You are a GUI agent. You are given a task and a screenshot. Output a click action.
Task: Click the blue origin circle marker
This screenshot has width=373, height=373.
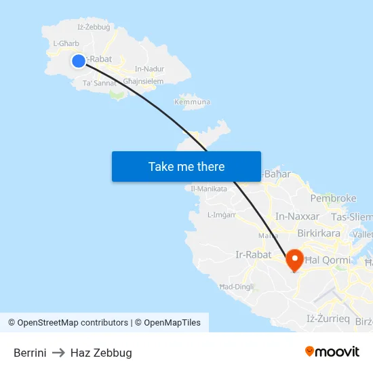(x=79, y=61)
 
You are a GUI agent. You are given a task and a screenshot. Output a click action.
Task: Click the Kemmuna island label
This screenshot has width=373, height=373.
(x=192, y=102)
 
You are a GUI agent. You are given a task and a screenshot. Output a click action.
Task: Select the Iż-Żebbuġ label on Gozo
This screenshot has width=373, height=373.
(x=94, y=27)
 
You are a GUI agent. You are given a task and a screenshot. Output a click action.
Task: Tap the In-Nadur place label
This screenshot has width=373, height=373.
(x=149, y=68)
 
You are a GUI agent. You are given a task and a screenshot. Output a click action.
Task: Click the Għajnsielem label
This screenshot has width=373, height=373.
(x=143, y=81)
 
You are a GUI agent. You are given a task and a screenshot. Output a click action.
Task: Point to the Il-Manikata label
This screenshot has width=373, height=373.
(x=209, y=189)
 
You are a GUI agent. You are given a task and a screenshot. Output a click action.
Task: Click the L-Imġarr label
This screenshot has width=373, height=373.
(x=221, y=215)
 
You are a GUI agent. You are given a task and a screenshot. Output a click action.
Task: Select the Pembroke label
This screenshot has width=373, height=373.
(x=333, y=199)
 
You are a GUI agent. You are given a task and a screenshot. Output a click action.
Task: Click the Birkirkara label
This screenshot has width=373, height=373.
(x=319, y=233)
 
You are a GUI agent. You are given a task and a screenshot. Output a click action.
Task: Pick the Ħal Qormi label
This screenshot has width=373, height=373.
(x=329, y=260)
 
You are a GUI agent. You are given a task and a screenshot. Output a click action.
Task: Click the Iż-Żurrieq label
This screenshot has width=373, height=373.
(x=328, y=318)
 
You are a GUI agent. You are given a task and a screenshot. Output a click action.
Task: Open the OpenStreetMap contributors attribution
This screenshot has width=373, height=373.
(x=73, y=323)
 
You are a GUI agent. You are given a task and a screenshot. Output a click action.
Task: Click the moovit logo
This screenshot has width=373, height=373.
(x=332, y=352)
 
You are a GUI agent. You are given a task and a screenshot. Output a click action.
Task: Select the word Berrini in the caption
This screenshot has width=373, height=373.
(x=30, y=353)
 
